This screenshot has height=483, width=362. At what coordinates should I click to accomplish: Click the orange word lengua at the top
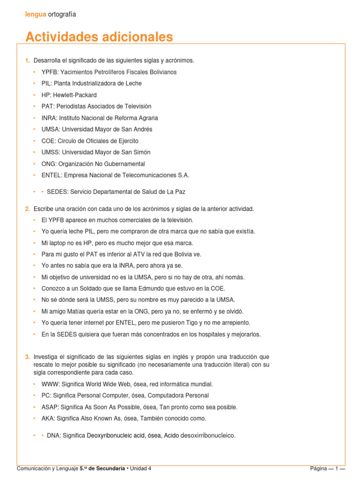[36, 14]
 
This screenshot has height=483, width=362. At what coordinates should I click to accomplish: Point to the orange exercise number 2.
[27, 208]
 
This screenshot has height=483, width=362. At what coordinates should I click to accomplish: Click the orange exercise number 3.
[27, 357]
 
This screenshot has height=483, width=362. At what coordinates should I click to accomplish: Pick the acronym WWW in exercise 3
[49, 384]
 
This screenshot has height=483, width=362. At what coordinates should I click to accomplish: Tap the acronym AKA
[48, 418]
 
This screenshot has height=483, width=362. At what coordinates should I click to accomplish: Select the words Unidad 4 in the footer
[141, 468]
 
